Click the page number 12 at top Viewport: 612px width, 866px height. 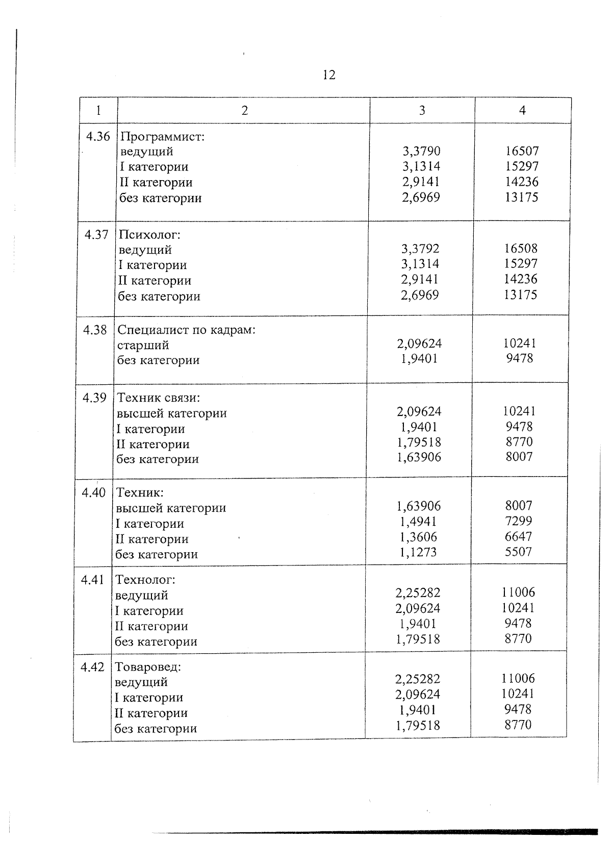click(329, 76)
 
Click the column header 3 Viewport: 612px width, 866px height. click(422, 110)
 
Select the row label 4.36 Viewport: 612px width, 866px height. click(98, 136)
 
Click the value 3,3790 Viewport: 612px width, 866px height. click(421, 152)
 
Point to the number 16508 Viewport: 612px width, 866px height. click(521, 249)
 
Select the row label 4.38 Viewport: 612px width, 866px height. click(95, 330)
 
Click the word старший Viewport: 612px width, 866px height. click(143, 345)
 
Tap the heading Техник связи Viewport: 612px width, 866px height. click(159, 398)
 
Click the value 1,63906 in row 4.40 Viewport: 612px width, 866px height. click(419, 506)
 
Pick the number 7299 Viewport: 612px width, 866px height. click(519, 521)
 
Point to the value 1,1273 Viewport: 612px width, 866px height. click(418, 552)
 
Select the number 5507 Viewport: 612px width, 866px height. click(519, 552)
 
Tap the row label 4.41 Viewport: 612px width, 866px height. click(92, 580)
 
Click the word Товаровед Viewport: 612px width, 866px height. click(148, 667)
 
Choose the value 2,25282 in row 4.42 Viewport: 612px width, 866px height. click(418, 679)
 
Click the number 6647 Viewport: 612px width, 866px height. click(519, 536)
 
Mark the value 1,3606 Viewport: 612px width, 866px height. click(418, 537)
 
